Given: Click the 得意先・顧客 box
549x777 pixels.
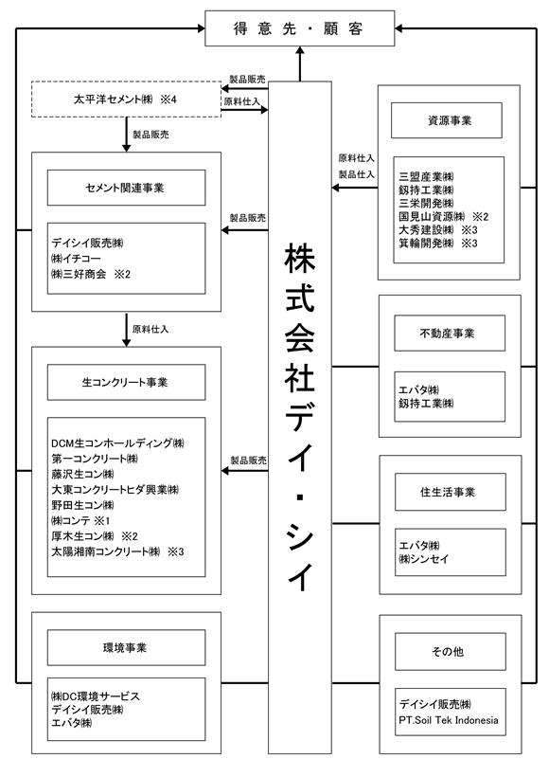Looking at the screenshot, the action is point(299,28).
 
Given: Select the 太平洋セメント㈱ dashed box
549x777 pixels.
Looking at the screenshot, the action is point(126,99).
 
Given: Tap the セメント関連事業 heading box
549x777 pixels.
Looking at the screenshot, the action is point(126,188).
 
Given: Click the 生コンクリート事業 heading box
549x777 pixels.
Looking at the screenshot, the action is point(126,382).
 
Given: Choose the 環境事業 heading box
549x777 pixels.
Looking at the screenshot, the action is point(126,648).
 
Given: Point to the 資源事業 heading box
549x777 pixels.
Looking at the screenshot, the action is point(447,120).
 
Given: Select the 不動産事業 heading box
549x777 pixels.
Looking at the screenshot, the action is point(450,333).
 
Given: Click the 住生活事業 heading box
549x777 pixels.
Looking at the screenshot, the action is point(450,492).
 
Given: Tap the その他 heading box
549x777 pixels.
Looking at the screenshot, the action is point(450,651).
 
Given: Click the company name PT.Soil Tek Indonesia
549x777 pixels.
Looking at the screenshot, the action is point(449,720).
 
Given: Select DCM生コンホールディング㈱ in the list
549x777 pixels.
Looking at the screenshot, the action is point(117,443).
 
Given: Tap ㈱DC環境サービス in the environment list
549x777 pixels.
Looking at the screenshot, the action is point(96,696).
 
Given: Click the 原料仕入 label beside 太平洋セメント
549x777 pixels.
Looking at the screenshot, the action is point(241,101).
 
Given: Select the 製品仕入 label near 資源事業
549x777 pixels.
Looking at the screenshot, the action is point(357,174).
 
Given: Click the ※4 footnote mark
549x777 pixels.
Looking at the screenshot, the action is point(168,99).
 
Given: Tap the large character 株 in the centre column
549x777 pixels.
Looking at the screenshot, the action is point(300,257).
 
